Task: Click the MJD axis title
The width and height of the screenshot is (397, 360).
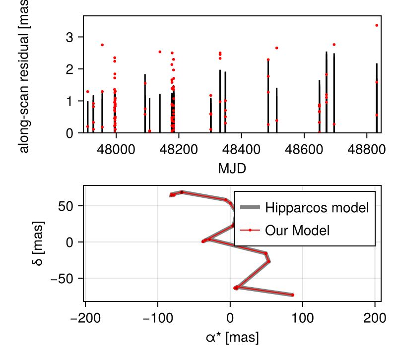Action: tap(232, 168)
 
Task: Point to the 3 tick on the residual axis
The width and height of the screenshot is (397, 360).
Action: tap(69, 37)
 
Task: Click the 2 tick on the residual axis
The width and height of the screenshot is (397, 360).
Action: tap(69, 69)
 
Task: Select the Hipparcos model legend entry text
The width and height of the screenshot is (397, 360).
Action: tap(317, 208)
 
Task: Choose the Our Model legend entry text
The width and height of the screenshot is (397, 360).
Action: tap(297, 230)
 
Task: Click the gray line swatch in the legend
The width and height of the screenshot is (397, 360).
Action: tap(250, 208)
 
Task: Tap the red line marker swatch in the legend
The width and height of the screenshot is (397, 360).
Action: tap(250, 230)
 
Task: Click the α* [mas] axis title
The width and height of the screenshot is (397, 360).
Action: tap(232, 338)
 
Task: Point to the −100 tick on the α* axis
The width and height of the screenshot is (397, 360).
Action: tap(158, 316)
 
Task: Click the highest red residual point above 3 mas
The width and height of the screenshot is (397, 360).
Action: tap(377, 25)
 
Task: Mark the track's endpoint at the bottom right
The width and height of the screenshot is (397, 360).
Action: tap(293, 295)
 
